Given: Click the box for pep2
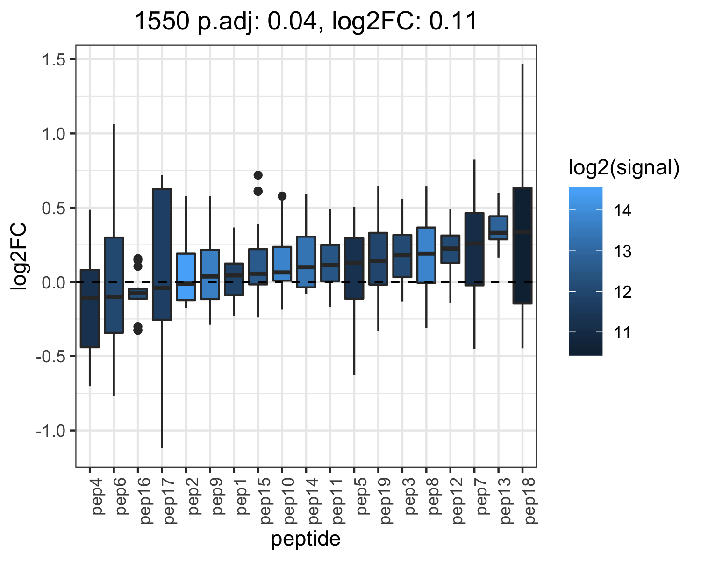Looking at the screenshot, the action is click(186, 276).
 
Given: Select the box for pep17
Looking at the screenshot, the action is click(162, 254).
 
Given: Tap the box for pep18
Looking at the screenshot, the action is click(522, 245).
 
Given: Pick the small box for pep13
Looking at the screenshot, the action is click(498, 228).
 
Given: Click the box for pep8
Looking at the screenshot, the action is click(426, 255).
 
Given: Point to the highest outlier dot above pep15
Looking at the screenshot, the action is click(258, 175).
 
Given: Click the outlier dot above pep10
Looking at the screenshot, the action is click(282, 196).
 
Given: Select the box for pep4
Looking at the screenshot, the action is click(90, 309).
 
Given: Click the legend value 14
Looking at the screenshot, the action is click(622, 210).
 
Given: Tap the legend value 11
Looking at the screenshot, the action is click(622, 332).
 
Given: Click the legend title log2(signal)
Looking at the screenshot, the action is click(624, 167).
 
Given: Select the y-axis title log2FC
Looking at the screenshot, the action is click(18, 256).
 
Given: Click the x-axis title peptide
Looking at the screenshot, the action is click(306, 539).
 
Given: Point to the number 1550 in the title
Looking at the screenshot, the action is click(162, 21).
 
